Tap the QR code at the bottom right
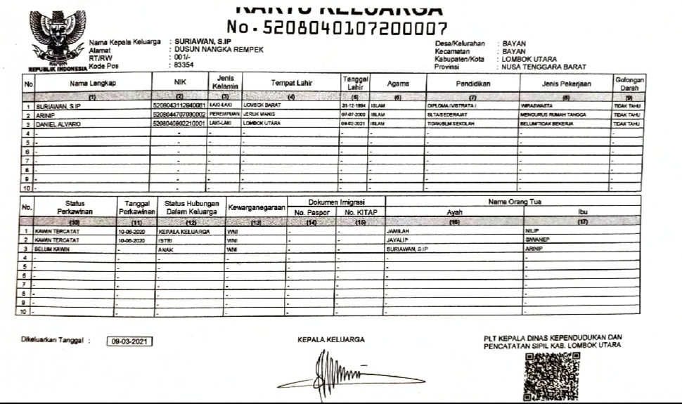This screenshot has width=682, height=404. (x=552, y=376)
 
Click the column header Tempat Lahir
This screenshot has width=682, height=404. (x=292, y=84)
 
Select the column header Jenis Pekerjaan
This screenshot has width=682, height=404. (x=565, y=84)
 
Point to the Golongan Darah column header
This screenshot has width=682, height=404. (x=629, y=83)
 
